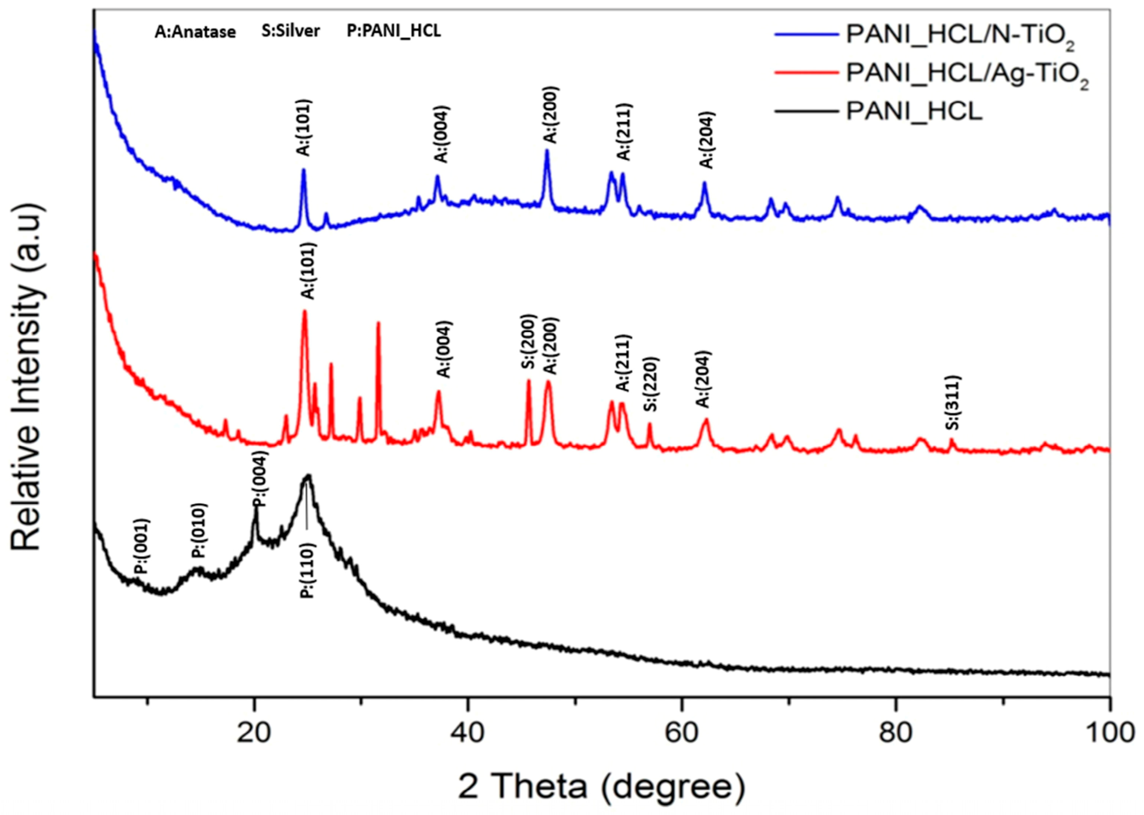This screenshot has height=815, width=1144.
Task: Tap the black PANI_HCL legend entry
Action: (914, 112)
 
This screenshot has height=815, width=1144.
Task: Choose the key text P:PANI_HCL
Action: (394, 31)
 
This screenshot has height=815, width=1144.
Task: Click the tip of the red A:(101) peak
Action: (304, 311)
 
